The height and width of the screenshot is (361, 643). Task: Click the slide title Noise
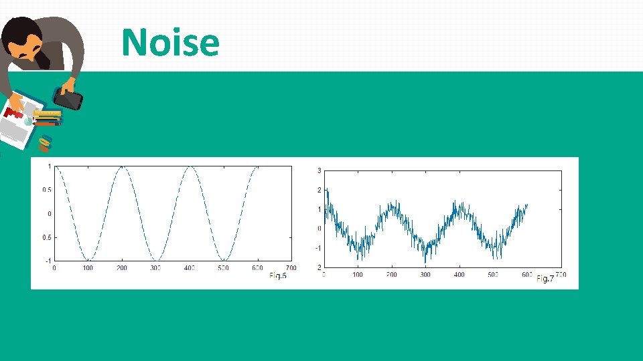coord(170,42)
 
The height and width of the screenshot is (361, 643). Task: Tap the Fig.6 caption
coord(277,275)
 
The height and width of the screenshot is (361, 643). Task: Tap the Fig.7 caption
coord(545,278)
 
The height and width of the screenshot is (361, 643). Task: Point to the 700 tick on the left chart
coord(291,268)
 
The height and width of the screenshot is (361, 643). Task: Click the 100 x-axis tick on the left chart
coord(88,268)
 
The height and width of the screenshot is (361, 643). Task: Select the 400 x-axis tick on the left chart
coord(190,268)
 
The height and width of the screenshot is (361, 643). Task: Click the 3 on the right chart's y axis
coord(319,171)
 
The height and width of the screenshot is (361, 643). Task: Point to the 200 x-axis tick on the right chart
coord(392,274)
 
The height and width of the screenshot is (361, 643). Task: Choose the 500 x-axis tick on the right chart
coord(493,274)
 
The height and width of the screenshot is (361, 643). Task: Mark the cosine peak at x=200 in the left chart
coord(122,167)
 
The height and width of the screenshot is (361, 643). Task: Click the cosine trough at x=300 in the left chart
coord(156,259)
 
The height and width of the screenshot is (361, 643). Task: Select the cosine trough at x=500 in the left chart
coord(224,259)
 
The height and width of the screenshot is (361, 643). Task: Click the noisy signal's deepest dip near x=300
coord(425,261)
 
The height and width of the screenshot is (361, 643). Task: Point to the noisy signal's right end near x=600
coord(527,205)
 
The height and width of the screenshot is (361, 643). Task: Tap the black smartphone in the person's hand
coord(68,100)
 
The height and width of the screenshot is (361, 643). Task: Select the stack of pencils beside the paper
coord(47,118)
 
